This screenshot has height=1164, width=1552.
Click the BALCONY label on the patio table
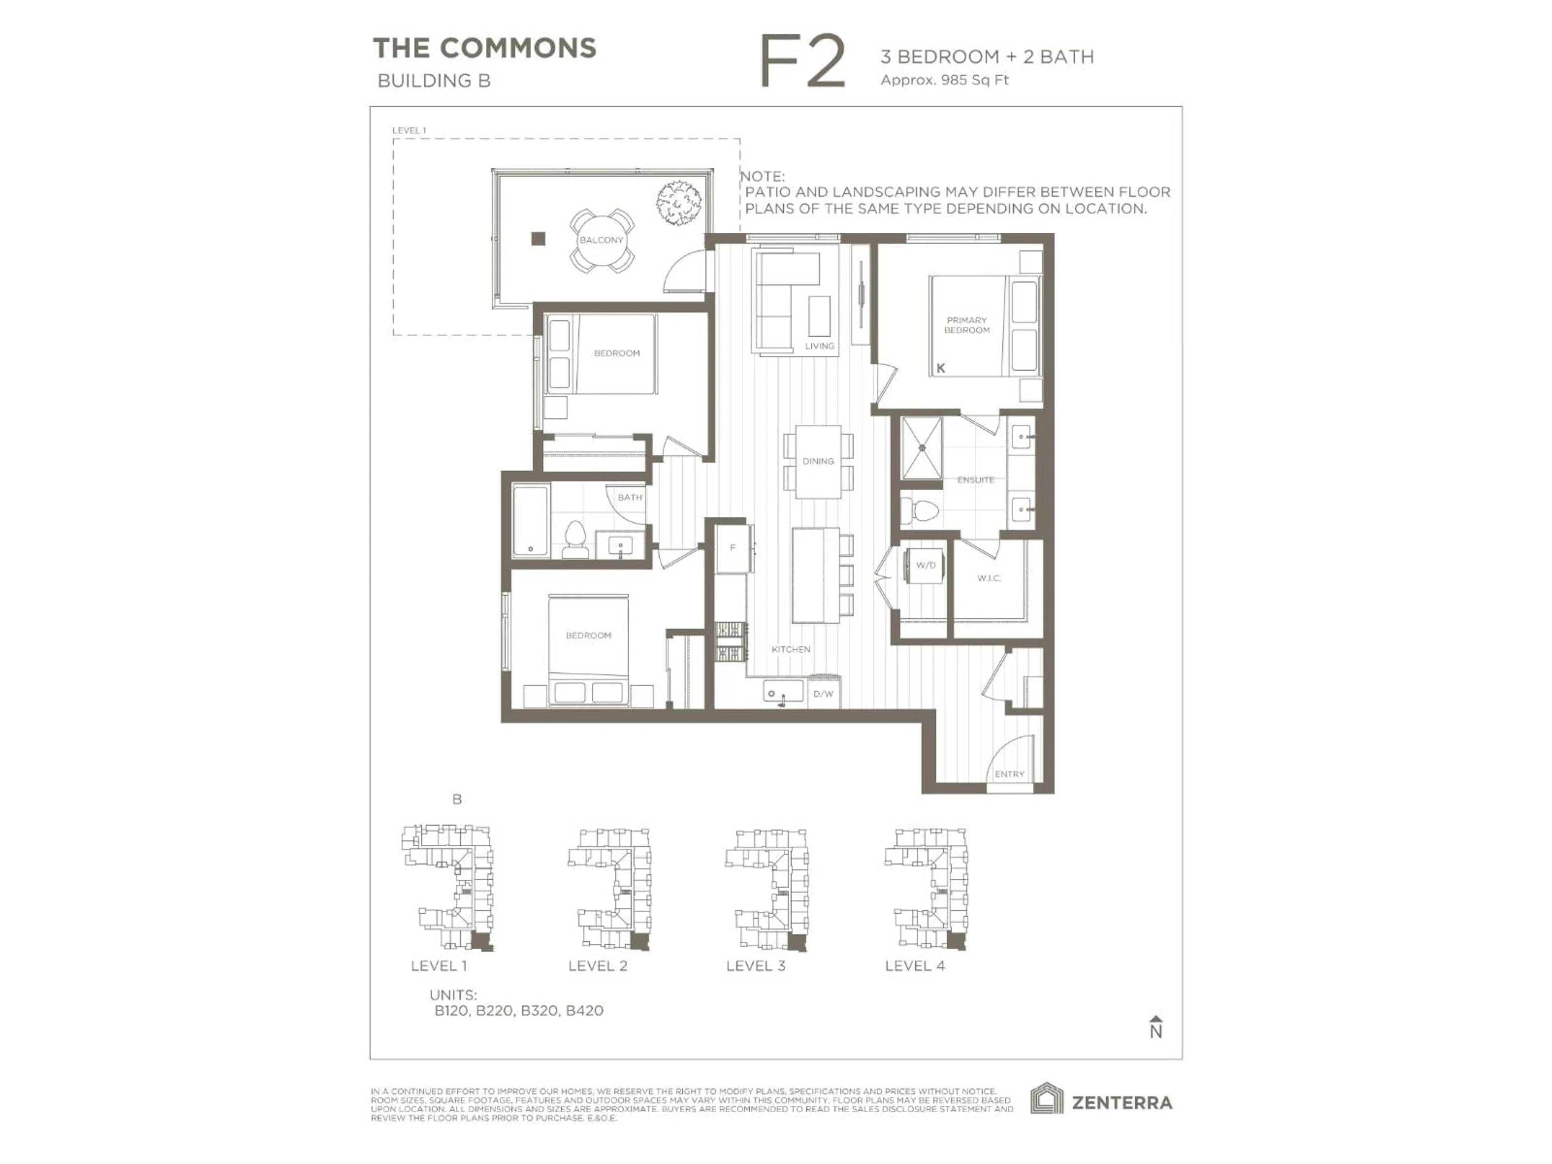click(x=601, y=240)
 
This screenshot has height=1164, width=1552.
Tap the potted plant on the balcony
click(x=679, y=203)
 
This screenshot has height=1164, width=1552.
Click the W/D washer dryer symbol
click(x=926, y=565)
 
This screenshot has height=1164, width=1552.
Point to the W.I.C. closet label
click(x=989, y=578)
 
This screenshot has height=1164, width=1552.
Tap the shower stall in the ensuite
click(x=921, y=448)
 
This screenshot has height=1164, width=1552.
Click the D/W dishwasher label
click(x=823, y=694)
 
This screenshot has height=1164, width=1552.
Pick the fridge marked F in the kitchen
click(x=732, y=548)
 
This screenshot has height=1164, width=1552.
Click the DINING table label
click(x=818, y=461)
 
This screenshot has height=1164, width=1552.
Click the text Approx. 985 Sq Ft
click(x=945, y=80)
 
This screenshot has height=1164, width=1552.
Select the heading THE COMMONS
click(x=484, y=48)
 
